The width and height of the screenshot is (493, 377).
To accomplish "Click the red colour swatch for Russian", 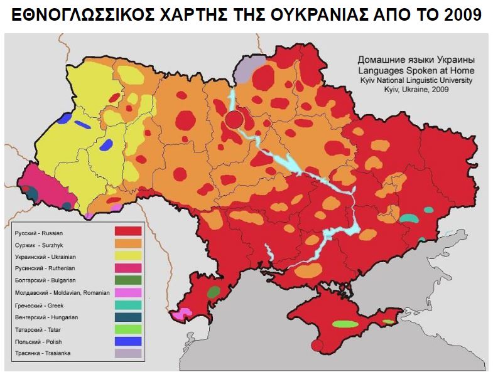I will (127, 231).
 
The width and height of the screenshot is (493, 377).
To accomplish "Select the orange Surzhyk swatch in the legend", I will (127, 243).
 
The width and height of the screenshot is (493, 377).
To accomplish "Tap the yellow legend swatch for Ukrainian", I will (127, 255).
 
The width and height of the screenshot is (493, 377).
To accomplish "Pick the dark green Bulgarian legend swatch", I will (127, 280).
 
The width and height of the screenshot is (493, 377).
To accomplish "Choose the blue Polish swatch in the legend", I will (127, 341).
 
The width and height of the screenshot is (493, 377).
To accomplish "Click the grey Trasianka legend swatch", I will (127, 353).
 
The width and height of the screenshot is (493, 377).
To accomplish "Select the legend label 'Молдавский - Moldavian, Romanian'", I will (62, 292).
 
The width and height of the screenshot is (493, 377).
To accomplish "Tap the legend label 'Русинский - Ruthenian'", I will (45, 268).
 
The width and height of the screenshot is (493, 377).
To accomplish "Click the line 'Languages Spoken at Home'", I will (411, 72).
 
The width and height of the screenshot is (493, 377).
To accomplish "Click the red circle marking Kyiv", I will (234, 119).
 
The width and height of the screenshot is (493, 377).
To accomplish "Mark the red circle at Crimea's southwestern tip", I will (317, 345).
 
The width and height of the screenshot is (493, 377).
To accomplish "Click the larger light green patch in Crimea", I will (344, 324).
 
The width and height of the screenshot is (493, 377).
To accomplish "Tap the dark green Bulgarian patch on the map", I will (214, 292).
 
